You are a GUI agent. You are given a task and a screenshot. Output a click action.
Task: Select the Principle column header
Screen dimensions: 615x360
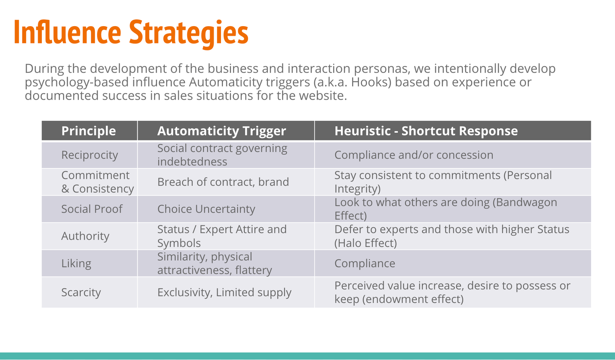click(x=88, y=131)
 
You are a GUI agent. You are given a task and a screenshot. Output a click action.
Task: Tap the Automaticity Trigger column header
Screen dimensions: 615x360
click(x=221, y=131)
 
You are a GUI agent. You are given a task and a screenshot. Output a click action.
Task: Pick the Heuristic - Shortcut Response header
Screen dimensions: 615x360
click(x=426, y=131)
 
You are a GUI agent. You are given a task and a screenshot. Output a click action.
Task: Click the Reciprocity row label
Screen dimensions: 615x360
click(x=90, y=155)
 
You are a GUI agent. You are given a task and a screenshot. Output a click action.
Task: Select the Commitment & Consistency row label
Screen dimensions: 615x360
click(x=98, y=182)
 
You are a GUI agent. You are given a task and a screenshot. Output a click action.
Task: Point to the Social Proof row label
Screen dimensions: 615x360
click(x=92, y=209)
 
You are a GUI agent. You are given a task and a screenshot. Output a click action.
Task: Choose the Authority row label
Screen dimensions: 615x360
click(x=85, y=236)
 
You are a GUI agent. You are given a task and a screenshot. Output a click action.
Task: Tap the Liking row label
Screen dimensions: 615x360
click(x=76, y=263)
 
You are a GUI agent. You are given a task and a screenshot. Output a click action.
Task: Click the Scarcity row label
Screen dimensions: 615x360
click(x=81, y=292)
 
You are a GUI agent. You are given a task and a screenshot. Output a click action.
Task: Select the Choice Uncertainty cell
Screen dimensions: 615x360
click(x=206, y=209)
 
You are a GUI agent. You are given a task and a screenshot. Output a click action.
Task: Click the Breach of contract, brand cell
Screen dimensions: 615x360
click(x=223, y=182)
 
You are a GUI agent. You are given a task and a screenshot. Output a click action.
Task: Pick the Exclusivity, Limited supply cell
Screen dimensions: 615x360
click(x=224, y=292)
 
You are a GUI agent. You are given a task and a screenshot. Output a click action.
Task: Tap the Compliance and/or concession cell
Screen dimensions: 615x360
click(x=414, y=155)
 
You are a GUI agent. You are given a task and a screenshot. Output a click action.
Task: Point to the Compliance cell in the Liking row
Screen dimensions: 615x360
click(x=365, y=263)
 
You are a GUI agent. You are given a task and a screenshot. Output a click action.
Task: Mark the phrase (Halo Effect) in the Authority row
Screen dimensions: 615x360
click(x=366, y=243)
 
